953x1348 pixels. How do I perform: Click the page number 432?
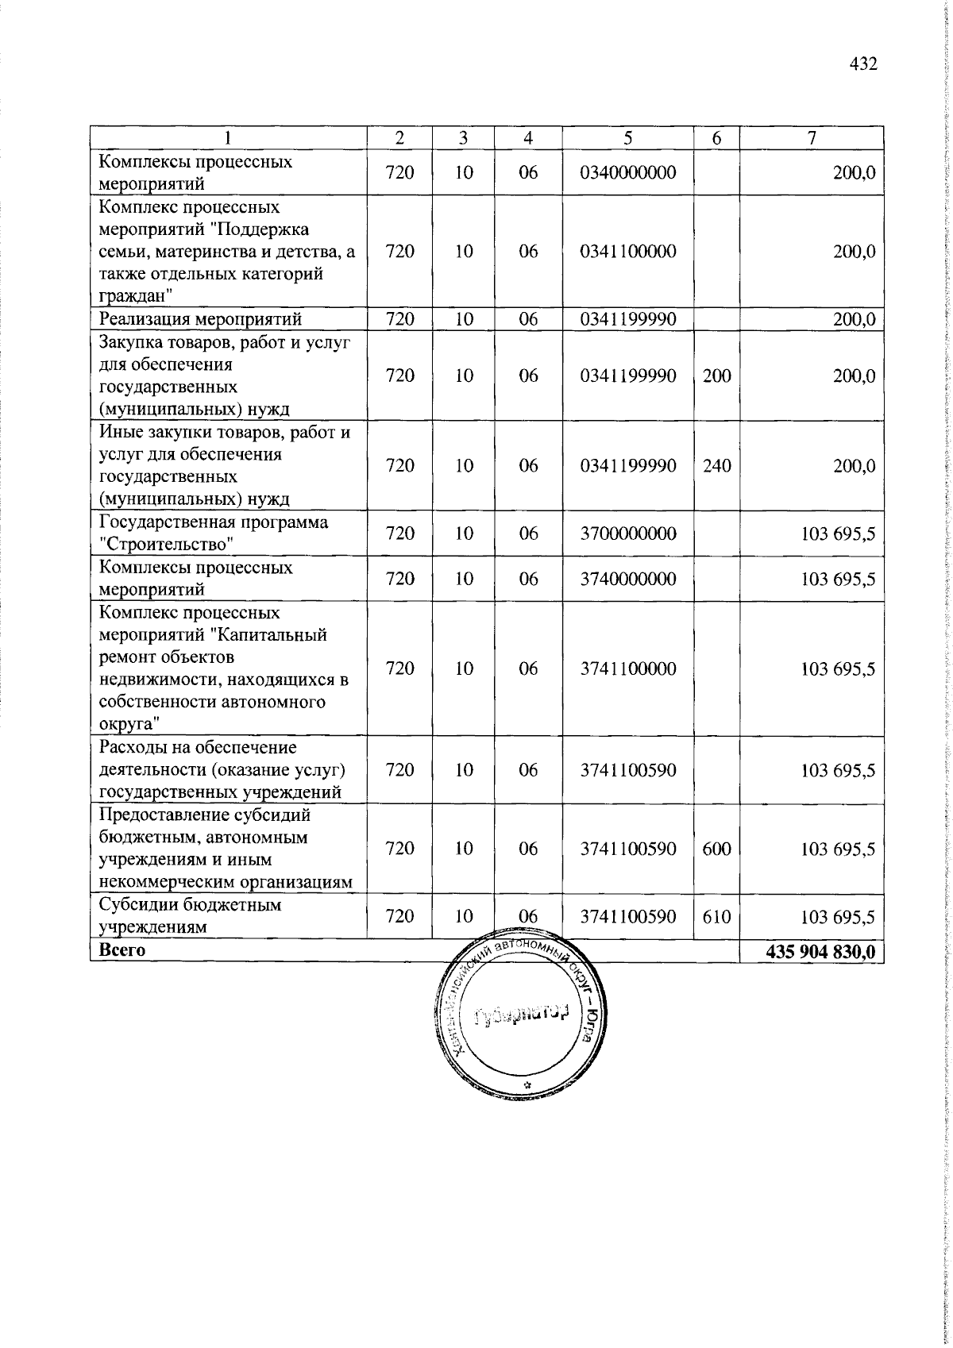[862, 64]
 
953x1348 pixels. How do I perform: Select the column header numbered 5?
[627, 137]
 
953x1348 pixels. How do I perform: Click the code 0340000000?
[627, 172]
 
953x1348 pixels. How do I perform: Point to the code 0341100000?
[627, 252]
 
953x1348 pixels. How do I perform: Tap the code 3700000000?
[627, 533]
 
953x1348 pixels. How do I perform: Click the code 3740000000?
[627, 579]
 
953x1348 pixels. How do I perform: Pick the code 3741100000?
[627, 668]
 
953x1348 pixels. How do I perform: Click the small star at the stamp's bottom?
[527, 1084]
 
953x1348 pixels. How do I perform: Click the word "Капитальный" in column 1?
[277, 635]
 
